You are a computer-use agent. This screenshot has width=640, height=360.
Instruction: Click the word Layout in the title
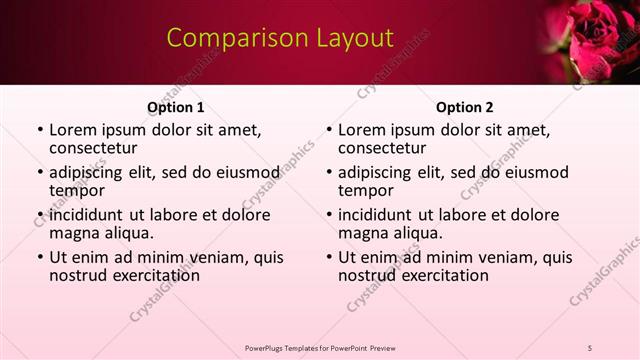pos(350,38)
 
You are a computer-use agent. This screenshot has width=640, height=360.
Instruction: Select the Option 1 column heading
pos(176,107)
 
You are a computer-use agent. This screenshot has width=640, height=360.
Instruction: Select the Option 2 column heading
pos(464,107)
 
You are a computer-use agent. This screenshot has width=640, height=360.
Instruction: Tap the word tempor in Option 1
pos(76,190)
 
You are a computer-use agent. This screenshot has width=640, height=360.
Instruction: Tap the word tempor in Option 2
pos(365,190)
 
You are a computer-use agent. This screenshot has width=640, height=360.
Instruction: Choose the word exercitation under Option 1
pos(145,275)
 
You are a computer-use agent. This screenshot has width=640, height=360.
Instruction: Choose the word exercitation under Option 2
pos(434,275)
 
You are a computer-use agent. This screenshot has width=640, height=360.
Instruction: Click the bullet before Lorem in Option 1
pos(39,130)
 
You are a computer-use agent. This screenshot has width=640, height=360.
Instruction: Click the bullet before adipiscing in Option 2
pos(328,172)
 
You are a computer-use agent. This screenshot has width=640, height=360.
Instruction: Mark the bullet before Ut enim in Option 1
pos(39,257)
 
